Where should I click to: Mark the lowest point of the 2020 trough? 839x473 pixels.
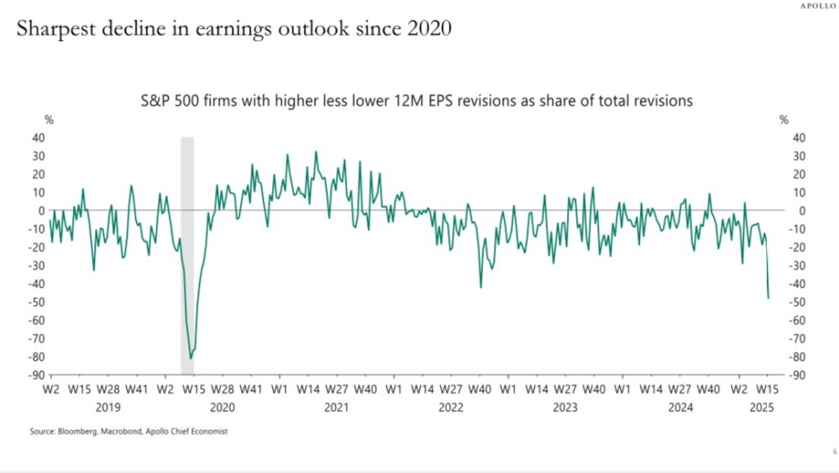point(191,358)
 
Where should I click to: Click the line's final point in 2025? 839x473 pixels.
point(769,298)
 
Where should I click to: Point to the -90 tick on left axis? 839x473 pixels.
point(38,375)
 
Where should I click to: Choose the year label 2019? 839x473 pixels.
point(108,407)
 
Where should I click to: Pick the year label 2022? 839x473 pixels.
point(451,407)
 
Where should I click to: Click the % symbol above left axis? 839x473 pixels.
point(48,120)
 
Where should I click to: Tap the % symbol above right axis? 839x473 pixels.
point(784,120)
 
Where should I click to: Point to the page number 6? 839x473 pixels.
point(823,452)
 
